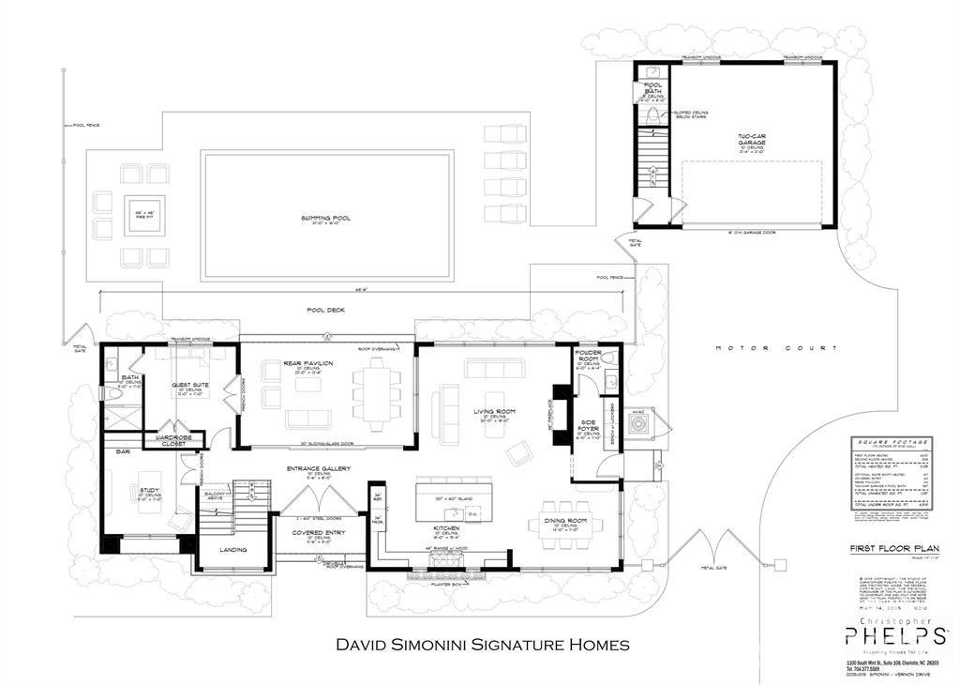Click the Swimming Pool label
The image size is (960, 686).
click(326, 218)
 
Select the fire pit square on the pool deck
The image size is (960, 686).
click(144, 215)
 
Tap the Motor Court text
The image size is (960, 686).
click(775, 348)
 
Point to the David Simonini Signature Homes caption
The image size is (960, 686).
click(482, 645)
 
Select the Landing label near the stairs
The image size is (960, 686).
click(232, 550)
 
